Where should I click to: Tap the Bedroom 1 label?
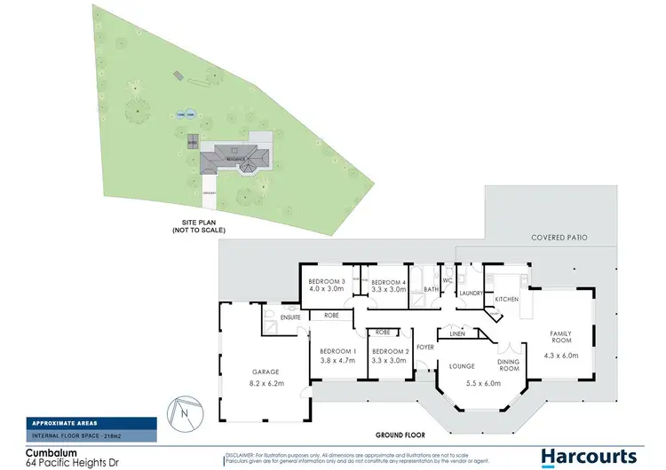click(x=337, y=350)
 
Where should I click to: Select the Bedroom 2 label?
click(x=391, y=350)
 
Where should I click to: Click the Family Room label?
click(x=560, y=338)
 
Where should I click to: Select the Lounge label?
click(x=460, y=364)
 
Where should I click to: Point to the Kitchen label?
click(x=506, y=300)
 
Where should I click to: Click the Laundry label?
click(x=471, y=294)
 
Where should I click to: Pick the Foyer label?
click(x=426, y=347)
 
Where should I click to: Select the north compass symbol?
click(x=183, y=410)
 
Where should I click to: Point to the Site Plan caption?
click(x=199, y=227)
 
